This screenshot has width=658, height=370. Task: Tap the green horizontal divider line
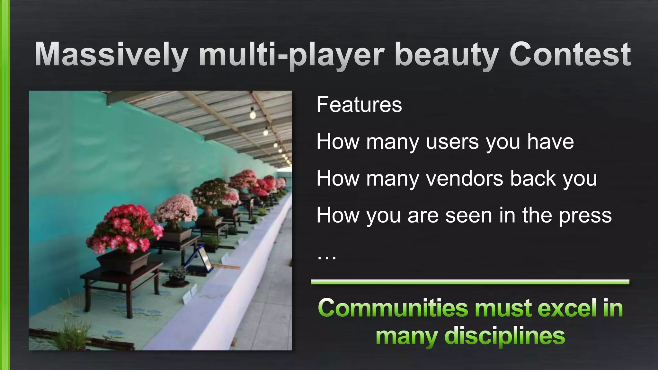470,282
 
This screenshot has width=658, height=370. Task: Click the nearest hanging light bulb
253,113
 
